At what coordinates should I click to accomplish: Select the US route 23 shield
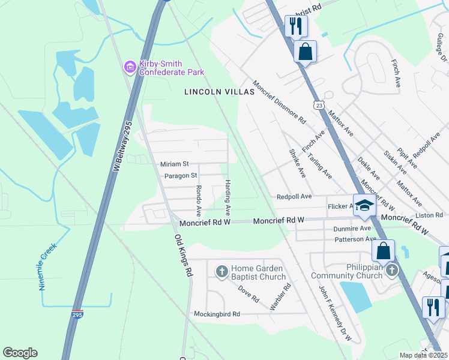(x=322, y=104)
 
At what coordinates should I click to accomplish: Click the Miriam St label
(x=174, y=164)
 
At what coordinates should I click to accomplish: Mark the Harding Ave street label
(x=228, y=198)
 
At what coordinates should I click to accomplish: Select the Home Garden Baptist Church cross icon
(x=221, y=272)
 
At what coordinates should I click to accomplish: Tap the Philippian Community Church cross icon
(x=392, y=270)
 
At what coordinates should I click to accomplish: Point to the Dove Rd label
(x=248, y=293)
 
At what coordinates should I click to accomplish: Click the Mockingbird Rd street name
(x=217, y=314)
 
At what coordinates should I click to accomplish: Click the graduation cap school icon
(x=363, y=206)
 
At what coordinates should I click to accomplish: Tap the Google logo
(x=20, y=353)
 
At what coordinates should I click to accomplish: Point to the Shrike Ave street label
(x=297, y=163)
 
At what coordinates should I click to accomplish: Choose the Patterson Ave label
(x=355, y=239)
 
